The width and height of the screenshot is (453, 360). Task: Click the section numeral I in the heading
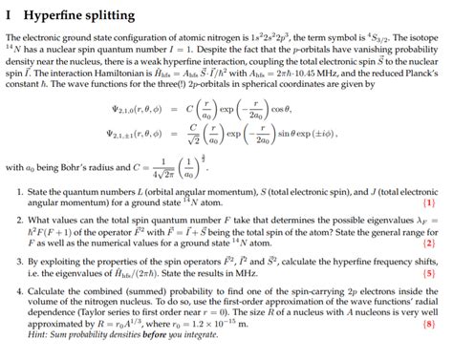pos(8,13)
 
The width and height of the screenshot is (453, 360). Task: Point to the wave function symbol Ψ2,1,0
pos(128,107)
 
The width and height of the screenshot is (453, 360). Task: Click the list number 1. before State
pos(20,192)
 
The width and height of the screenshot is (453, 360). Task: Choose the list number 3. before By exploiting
pos(20,260)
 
